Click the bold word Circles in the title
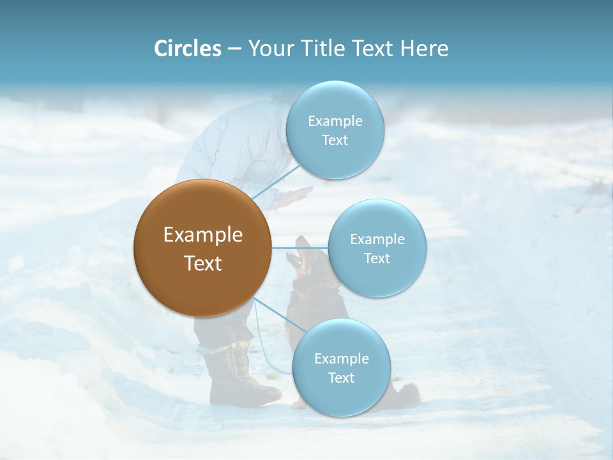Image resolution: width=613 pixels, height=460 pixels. point(187,49)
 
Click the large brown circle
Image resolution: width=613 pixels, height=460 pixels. point(202,248)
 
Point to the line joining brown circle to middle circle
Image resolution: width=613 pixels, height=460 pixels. point(300,248)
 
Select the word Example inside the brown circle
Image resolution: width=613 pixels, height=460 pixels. point(202,235)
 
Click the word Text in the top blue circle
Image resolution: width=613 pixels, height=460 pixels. point(335,140)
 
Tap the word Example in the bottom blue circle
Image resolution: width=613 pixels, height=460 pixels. point(341,358)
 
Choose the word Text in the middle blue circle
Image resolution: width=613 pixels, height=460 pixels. point(377,258)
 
